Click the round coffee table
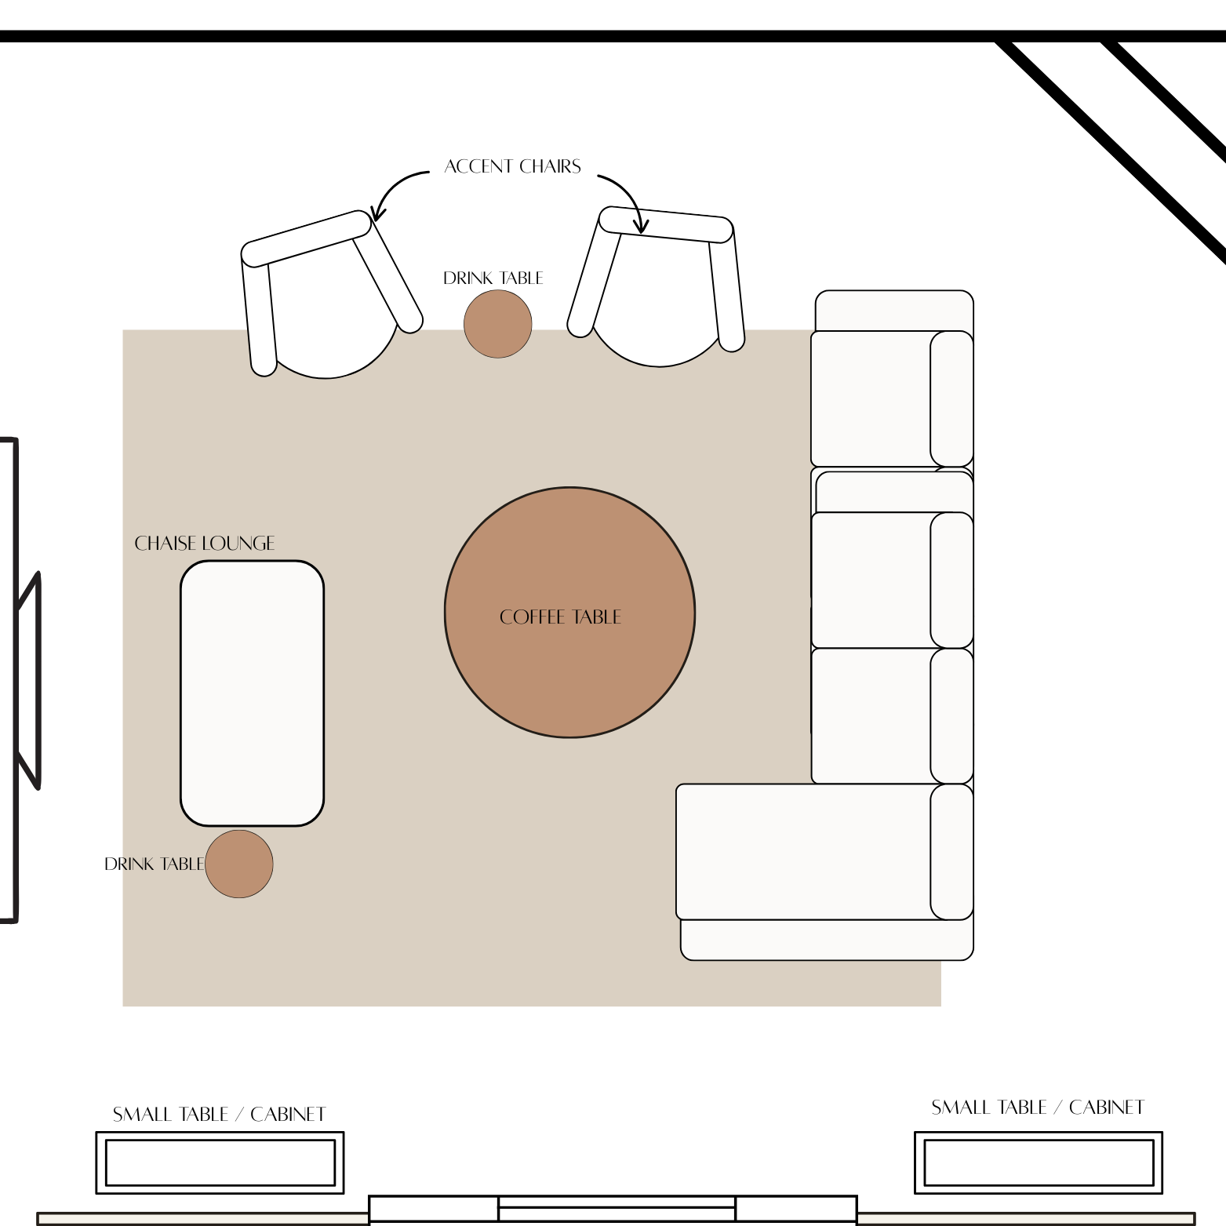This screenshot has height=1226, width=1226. (x=569, y=675)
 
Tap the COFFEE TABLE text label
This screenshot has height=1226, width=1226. (x=560, y=617)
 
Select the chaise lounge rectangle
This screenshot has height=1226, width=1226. (x=252, y=693)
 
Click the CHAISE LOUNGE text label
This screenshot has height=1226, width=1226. (x=205, y=544)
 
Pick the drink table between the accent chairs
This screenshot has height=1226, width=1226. (x=497, y=324)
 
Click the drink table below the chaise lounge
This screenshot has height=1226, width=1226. (x=239, y=864)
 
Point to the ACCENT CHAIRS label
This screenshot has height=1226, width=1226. (x=512, y=166)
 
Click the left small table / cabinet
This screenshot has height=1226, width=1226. (x=220, y=1162)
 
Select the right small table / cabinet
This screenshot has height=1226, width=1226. (x=1038, y=1162)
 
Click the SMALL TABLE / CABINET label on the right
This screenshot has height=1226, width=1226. (x=1037, y=1108)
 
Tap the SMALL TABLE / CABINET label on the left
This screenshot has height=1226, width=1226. (x=219, y=1115)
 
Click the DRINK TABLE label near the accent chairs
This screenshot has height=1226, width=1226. (x=493, y=278)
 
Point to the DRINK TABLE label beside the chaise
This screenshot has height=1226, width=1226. (x=154, y=864)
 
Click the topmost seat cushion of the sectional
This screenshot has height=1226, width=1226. (x=871, y=398)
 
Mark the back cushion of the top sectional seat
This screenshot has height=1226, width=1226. (x=951, y=398)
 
